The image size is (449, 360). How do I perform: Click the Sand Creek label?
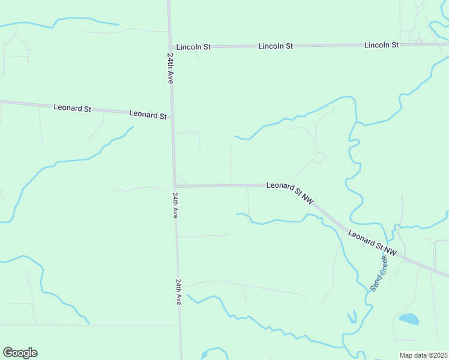(380, 272)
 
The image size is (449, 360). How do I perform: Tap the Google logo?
(20, 353)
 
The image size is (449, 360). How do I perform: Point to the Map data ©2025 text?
(424, 355)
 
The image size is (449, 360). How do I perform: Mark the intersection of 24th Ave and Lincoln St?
(170, 47)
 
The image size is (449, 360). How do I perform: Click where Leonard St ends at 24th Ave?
(172, 117)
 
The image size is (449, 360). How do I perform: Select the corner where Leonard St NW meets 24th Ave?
(175, 185)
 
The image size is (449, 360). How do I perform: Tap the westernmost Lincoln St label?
(193, 47)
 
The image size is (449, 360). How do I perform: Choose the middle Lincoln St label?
(276, 46)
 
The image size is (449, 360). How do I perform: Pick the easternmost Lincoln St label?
(382, 45)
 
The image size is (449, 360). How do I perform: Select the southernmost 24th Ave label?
(179, 292)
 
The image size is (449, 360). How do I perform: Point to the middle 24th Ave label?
(175, 205)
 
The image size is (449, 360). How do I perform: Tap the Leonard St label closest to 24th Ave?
(148, 114)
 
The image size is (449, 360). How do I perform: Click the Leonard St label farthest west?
(72, 109)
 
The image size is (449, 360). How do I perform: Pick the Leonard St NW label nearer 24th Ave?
(291, 191)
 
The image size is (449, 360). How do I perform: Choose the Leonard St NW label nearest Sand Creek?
(372, 242)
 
